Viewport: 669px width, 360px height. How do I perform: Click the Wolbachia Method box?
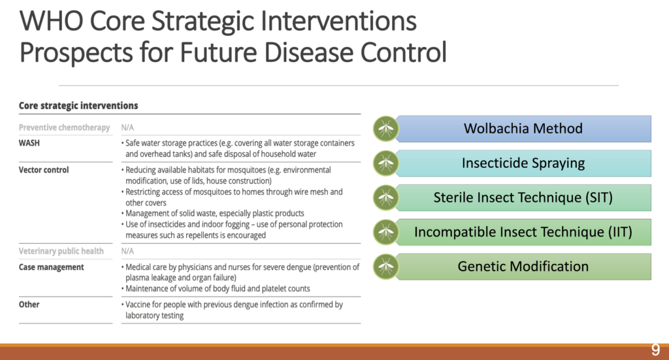click(x=523, y=129)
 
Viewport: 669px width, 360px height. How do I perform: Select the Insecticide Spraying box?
click(x=523, y=163)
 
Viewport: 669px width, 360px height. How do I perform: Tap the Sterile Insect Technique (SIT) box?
click(x=523, y=197)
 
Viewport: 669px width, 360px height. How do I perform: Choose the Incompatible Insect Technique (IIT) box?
click(x=523, y=232)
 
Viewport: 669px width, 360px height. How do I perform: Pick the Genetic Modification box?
click(x=523, y=267)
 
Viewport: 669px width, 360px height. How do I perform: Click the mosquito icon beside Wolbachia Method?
click(x=385, y=129)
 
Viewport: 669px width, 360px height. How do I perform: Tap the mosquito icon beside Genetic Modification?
click(x=385, y=267)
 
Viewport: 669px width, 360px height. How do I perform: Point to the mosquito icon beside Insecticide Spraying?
click(x=385, y=163)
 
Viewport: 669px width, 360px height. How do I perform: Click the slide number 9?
click(x=655, y=350)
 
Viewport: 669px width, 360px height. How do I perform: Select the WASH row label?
click(x=29, y=143)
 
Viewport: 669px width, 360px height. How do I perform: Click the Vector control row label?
click(x=44, y=170)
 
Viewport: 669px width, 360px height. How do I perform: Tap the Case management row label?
click(x=51, y=267)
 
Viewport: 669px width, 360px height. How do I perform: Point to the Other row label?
click(x=29, y=304)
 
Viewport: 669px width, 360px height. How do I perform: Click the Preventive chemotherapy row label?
click(x=64, y=127)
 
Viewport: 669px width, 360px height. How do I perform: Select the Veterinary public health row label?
click(x=61, y=252)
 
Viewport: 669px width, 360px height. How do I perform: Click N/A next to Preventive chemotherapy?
click(x=127, y=127)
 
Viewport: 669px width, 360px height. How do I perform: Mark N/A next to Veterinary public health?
click(x=127, y=252)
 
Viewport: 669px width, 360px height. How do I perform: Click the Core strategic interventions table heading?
click(x=78, y=106)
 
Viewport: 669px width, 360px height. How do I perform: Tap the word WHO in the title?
click(x=51, y=22)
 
